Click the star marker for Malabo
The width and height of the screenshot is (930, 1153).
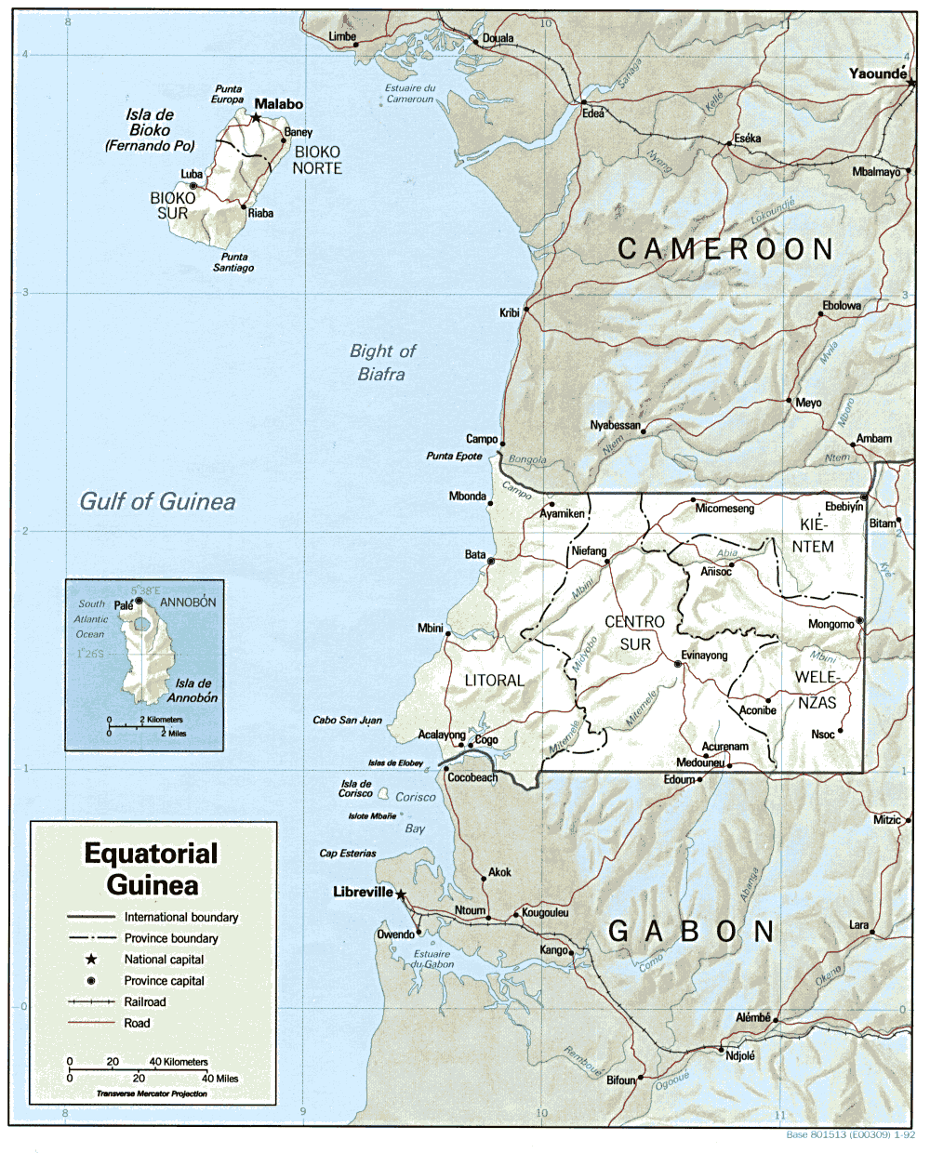(256, 118)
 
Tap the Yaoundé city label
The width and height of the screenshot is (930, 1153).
(877, 73)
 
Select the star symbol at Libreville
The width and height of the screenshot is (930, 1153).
(401, 895)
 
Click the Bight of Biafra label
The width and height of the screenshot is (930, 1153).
(382, 363)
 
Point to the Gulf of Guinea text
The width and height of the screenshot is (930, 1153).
(157, 502)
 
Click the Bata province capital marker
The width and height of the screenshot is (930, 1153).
(491, 561)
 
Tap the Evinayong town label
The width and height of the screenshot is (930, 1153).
(704, 656)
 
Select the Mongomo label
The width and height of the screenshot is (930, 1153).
(830, 624)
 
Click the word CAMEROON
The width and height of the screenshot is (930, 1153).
(725, 249)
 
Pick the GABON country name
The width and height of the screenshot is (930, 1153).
(691, 932)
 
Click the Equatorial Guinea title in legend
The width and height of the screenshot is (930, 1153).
(152, 868)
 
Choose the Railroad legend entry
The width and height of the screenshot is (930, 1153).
(145, 1001)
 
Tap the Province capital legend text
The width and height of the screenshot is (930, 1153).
(165, 980)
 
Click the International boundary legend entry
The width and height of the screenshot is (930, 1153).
(181, 917)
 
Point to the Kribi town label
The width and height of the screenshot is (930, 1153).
(510, 313)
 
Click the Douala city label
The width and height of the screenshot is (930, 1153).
(498, 39)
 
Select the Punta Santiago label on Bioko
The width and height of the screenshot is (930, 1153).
(233, 262)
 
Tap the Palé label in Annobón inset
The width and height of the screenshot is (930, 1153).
(124, 605)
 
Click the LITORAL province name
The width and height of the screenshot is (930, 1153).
(495, 681)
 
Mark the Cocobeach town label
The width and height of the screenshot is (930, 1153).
(472, 777)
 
